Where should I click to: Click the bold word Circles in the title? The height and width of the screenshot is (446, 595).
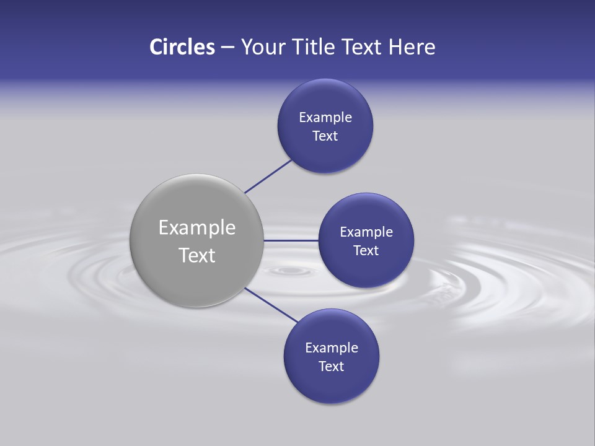point(182,47)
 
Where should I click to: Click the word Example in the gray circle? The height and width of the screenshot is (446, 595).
point(197,228)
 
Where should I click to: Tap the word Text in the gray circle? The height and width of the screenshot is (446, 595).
point(197,255)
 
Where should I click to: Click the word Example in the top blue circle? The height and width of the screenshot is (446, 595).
point(325,117)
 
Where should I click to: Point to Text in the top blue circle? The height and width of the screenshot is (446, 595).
point(325,136)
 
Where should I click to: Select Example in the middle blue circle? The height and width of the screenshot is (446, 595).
point(366,232)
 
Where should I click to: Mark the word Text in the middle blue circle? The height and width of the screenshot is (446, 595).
point(366,250)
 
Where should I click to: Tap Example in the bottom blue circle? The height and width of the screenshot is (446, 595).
point(332,348)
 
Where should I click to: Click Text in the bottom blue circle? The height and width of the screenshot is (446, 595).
point(332,366)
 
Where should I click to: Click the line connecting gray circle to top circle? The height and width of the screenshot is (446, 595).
point(268,176)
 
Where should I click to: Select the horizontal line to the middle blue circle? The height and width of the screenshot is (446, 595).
point(291,240)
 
